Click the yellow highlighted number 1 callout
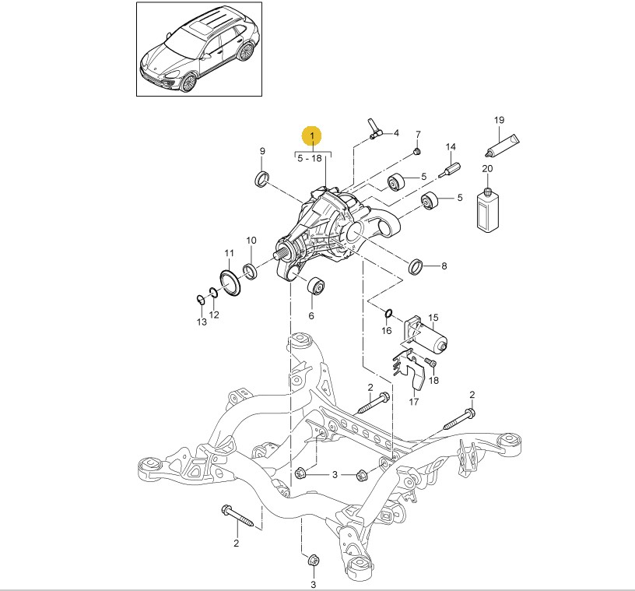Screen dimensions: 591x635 tap(312, 137)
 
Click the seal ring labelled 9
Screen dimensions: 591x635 tap(263, 178)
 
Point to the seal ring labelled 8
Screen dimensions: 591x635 tap(416, 266)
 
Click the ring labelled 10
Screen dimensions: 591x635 tap(251, 270)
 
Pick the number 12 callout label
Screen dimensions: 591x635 tap(214, 315)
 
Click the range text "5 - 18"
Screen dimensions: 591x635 tap(312, 158)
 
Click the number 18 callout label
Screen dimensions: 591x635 tap(434, 380)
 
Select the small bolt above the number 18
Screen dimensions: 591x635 tap(433, 364)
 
